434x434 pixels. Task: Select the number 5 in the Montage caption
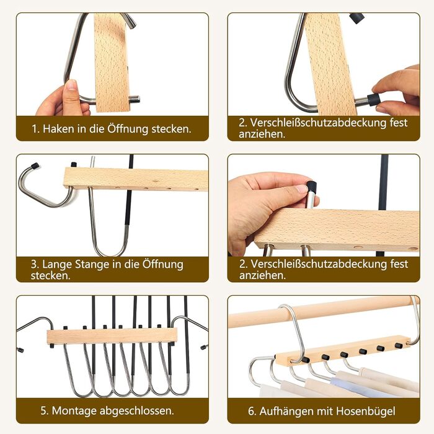tap(43, 410)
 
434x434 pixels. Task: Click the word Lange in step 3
tap(57, 265)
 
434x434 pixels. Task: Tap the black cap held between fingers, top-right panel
tap(373, 99)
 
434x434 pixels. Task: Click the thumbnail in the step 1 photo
tap(71, 84)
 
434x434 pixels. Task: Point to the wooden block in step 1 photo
tap(112, 63)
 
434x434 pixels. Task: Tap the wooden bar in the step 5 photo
tap(112, 336)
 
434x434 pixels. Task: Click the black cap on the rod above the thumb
tap(312, 185)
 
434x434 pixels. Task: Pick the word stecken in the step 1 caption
tap(170, 129)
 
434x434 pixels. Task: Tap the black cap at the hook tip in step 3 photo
tap(35, 166)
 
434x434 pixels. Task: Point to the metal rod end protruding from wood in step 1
tap(135, 99)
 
